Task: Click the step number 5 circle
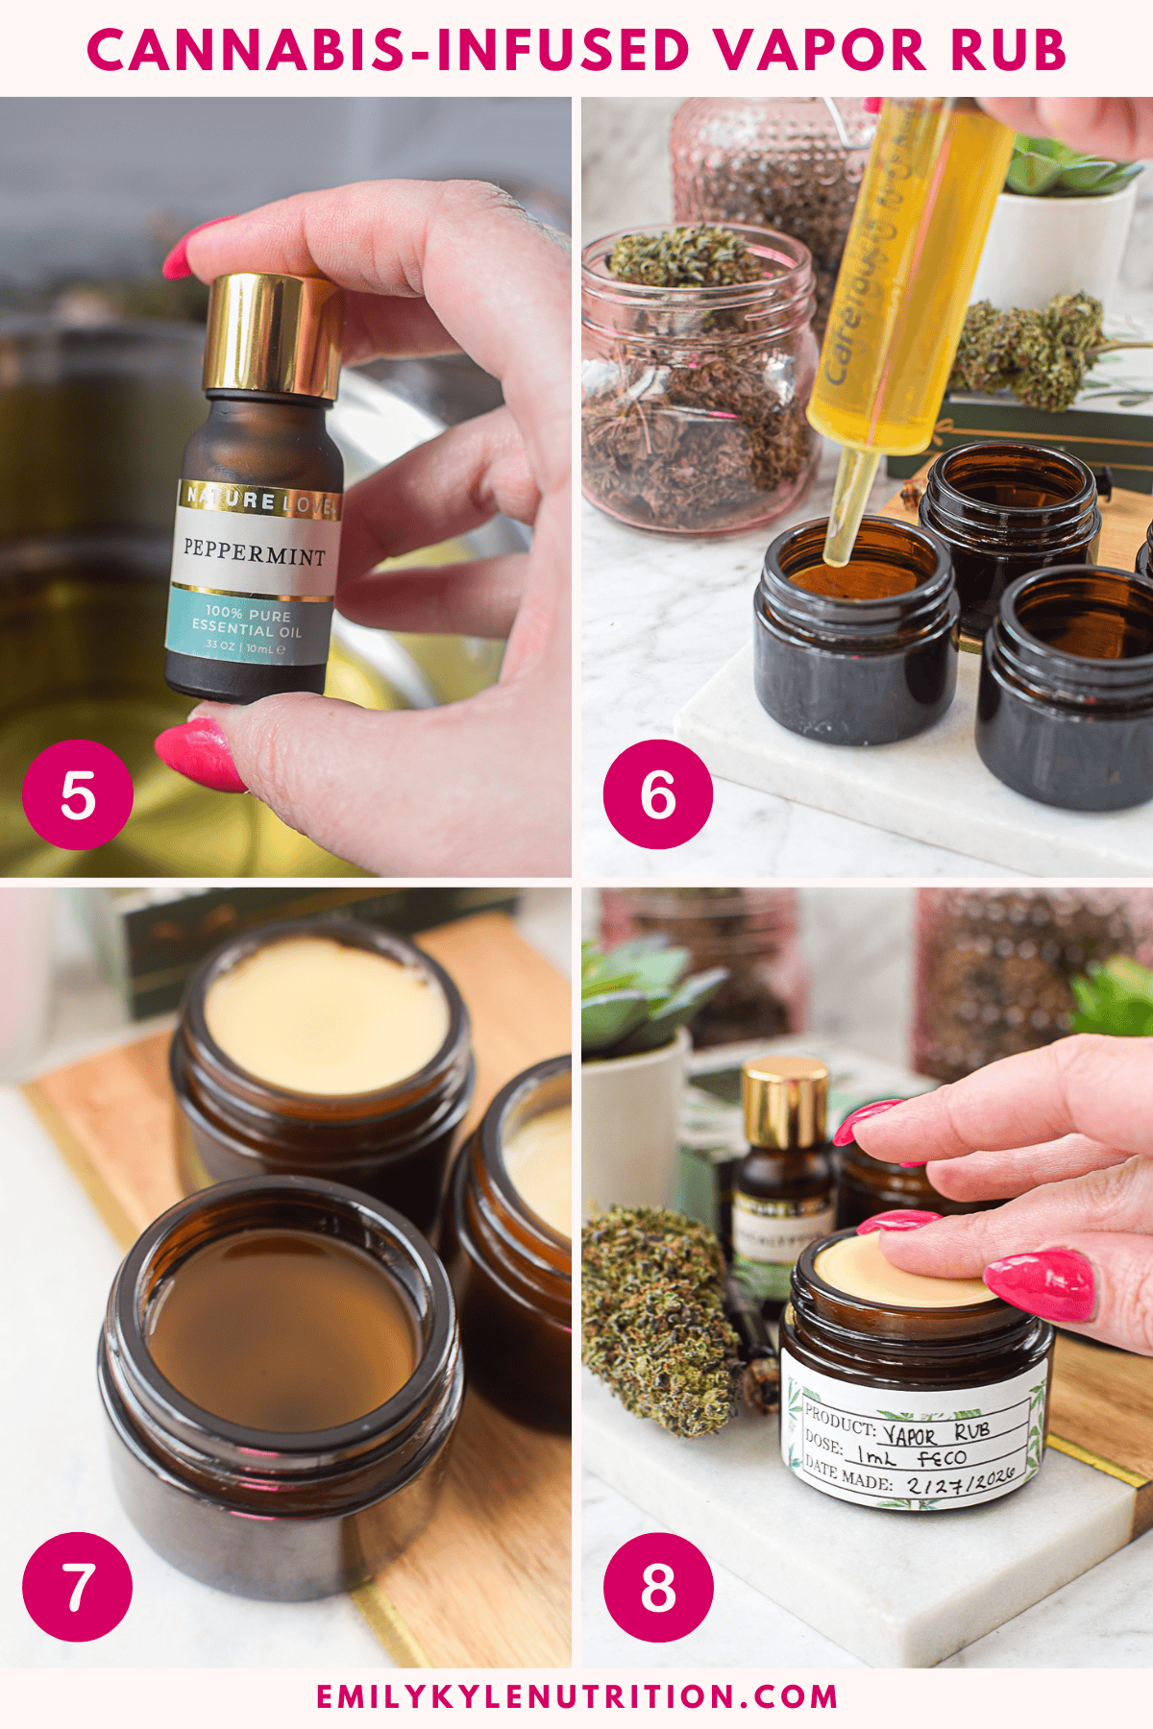78,794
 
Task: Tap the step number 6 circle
658,794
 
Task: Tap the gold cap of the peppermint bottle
272,333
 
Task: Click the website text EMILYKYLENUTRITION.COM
576,1696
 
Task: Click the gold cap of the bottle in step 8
785,1103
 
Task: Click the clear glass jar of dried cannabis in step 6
697,384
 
